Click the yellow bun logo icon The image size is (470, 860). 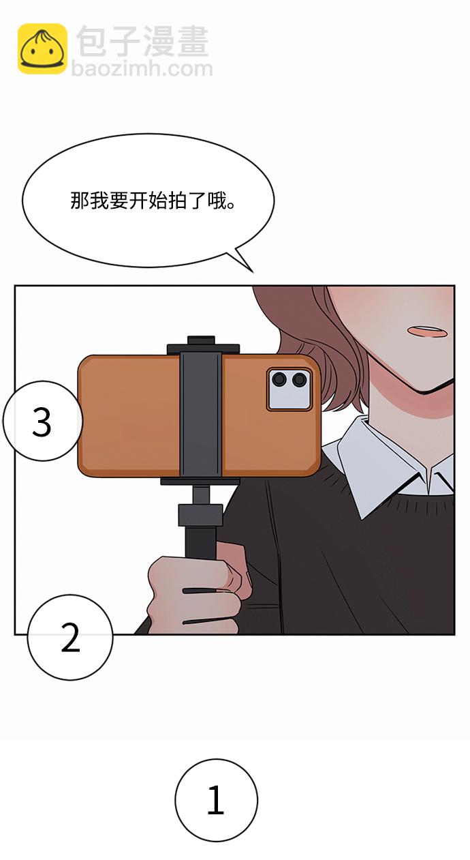coord(42,48)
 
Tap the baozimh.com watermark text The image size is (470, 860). coord(142,69)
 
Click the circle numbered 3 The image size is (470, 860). coord(42,421)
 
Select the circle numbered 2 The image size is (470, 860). coord(70,637)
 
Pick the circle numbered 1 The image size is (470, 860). coord(216,800)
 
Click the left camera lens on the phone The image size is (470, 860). coord(279,380)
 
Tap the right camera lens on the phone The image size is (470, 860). coord(300,380)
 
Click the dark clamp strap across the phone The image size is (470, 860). coord(200,415)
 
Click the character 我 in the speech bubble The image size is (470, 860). coord(99,201)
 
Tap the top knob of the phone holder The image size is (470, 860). coord(201,340)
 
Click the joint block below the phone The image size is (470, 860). coord(200,515)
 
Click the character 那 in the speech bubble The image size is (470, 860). coord(80,201)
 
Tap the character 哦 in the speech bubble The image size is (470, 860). coord(218,201)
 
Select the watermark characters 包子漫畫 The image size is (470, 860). coord(142,42)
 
